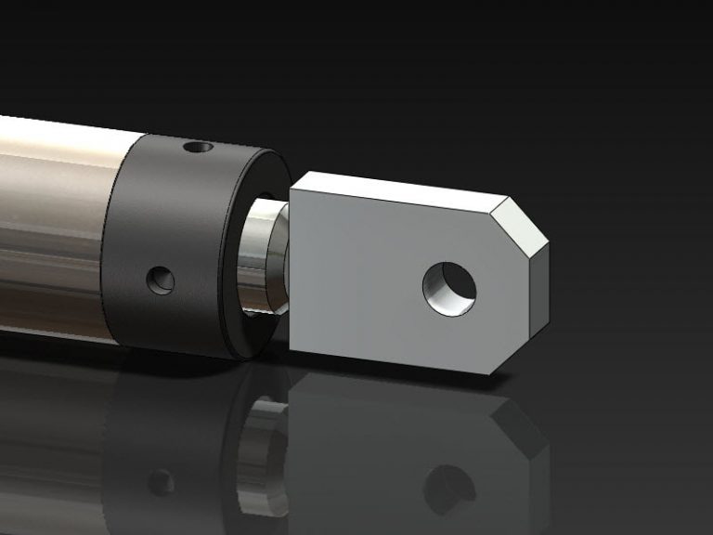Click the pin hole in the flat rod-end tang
(450, 287)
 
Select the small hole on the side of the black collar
(162, 279)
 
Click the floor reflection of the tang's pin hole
(449, 489)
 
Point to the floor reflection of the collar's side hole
(162, 482)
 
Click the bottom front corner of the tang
(489, 373)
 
